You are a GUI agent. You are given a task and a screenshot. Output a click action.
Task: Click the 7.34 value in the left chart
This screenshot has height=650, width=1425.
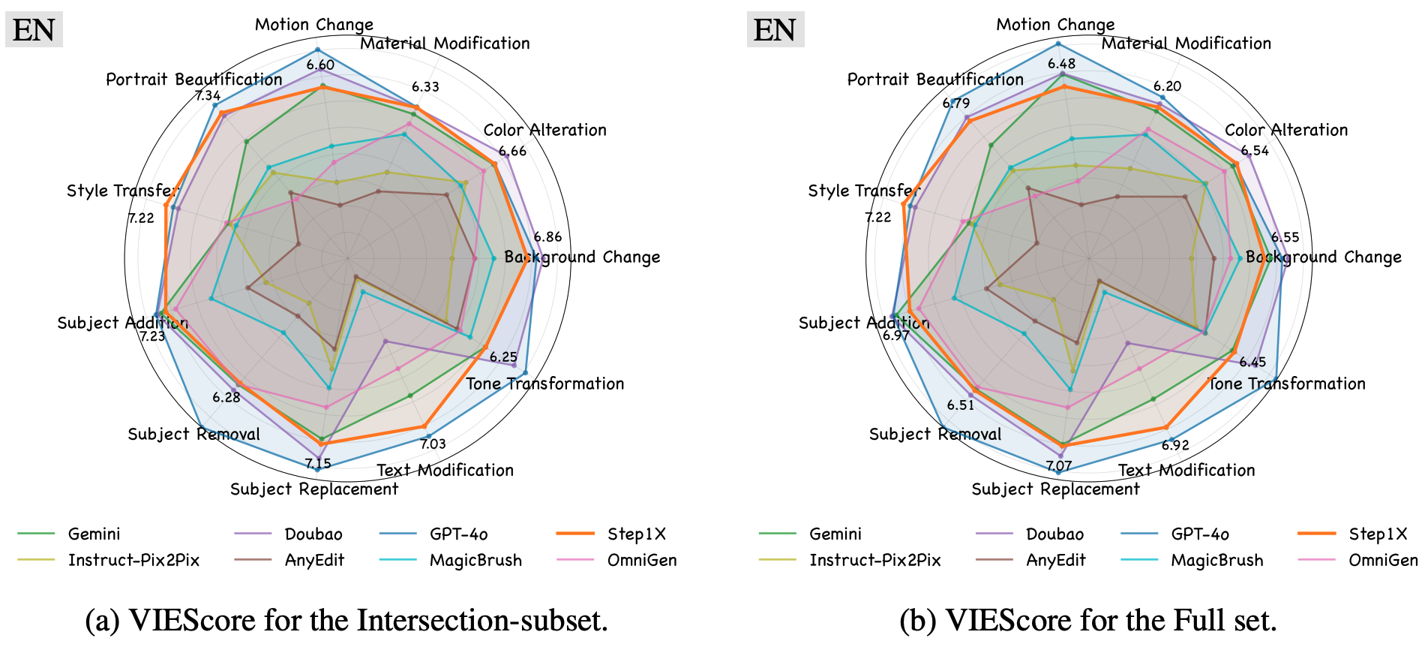coord(208,95)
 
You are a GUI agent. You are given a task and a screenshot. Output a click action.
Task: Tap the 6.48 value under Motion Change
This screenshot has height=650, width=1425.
coord(1061,65)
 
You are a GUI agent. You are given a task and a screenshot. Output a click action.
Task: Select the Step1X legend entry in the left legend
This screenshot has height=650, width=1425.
coord(636,534)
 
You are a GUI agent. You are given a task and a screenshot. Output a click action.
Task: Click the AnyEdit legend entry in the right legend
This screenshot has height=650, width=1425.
coord(1055,560)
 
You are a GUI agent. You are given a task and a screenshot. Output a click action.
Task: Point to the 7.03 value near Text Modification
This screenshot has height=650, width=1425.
coord(433,444)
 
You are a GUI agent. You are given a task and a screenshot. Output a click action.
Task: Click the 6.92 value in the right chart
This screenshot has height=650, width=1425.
coord(1175,445)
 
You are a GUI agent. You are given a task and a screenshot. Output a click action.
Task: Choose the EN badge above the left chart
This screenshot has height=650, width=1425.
coord(34,30)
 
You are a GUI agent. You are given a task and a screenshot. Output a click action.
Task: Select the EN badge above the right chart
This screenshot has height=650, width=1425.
coord(775,30)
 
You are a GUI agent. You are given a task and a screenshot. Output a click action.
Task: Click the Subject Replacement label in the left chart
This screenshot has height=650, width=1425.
coord(313,489)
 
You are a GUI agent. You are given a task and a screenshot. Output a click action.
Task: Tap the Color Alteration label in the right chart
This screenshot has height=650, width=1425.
coord(1285,130)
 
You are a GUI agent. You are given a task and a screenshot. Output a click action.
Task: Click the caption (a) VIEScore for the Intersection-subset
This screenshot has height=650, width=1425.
coord(346,620)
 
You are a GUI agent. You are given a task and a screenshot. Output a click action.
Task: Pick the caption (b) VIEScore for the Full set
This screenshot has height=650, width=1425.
coord(1087,620)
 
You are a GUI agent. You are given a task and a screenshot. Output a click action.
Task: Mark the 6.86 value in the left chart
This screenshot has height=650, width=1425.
coord(547,237)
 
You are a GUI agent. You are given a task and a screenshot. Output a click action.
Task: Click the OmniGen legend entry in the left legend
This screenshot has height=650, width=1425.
coord(641,560)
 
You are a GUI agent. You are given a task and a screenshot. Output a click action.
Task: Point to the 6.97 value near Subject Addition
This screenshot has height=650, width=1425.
coord(895,336)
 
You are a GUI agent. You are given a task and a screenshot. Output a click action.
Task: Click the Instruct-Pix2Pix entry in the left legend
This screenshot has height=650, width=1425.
coord(133,560)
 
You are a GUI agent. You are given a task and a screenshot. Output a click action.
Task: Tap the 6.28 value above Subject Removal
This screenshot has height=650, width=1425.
coord(226,397)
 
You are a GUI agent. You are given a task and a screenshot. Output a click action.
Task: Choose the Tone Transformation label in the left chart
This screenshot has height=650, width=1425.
coord(544,384)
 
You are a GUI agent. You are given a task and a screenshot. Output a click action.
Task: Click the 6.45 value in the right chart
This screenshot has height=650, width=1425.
coord(1252,363)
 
